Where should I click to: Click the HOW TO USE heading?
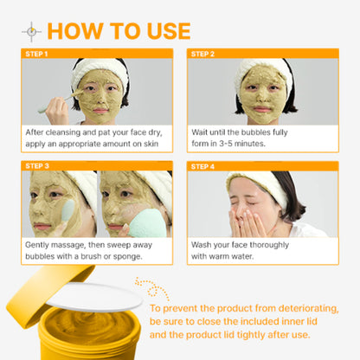click(x=119, y=31)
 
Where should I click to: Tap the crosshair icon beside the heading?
click(x=32, y=32)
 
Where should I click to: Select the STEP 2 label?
click(x=203, y=54)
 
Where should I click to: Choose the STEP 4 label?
click(x=203, y=164)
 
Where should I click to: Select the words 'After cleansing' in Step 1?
click(x=55, y=132)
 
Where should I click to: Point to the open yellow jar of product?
click(x=87, y=337)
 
